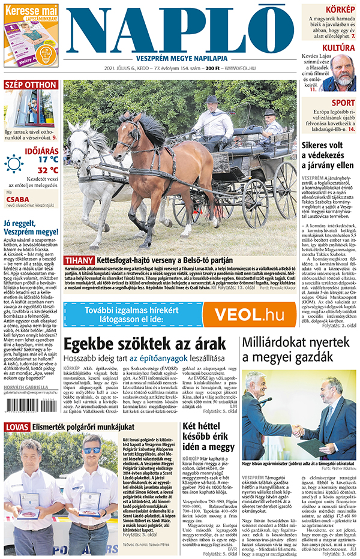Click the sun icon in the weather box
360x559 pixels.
pyautogui.click(x=14, y=163)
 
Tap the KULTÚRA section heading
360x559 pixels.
pyautogui.click(x=338, y=48)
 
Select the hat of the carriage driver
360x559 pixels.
pyautogui.click(x=211, y=99)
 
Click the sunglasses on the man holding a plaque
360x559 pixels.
pyautogui.click(x=91, y=450)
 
